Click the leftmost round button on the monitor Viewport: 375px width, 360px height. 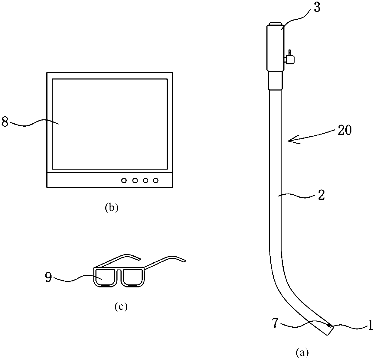tap(124, 181)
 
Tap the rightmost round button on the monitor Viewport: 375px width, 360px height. tap(156, 181)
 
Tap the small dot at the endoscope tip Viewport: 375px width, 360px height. tap(329, 325)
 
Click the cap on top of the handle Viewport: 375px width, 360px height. tap(275, 24)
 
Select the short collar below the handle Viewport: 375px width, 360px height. tap(275, 80)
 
